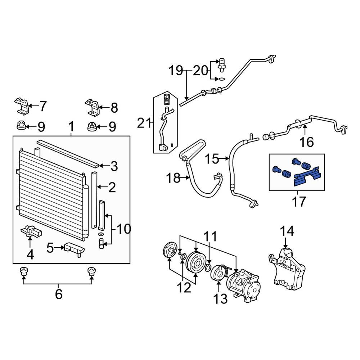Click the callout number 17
pyautogui.click(x=298, y=201)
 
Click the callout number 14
pyautogui.click(x=287, y=231)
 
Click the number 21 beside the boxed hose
pyautogui.click(x=144, y=123)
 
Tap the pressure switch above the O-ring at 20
pyautogui.click(x=222, y=63)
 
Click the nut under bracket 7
pyautogui.click(x=21, y=126)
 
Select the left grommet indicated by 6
pyautogui.click(x=23, y=271)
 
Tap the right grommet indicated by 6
pyautogui.click(x=92, y=271)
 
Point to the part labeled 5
pyautogui.click(x=74, y=249)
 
